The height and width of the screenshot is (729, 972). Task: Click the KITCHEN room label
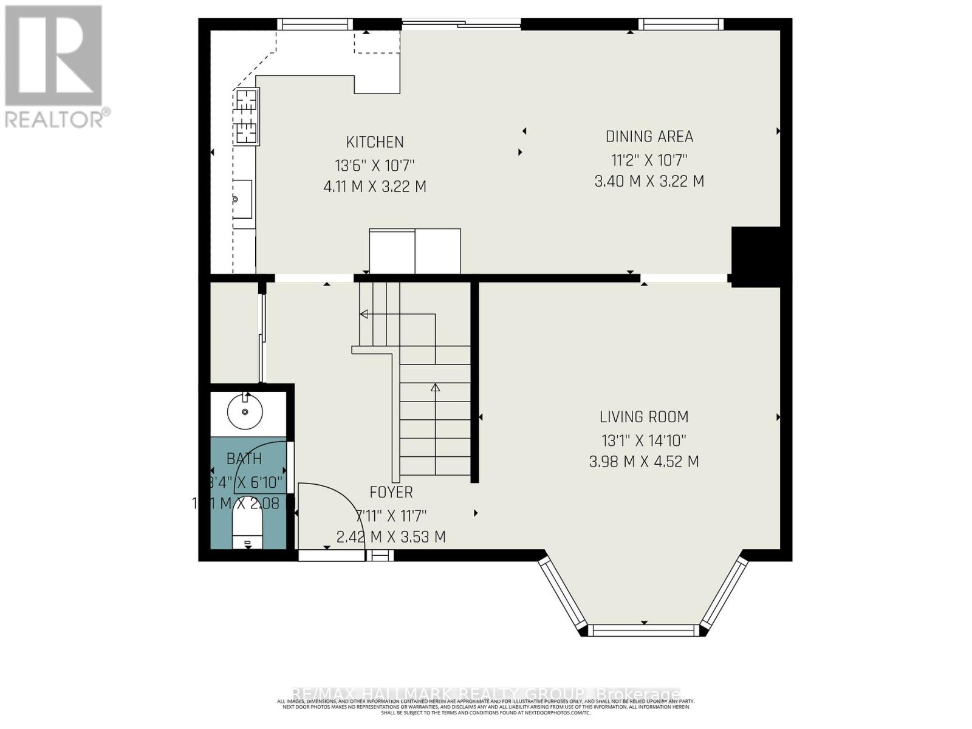pyautogui.click(x=375, y=142)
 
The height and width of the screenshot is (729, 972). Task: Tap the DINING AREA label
pyautogui.click(x=649, y=137)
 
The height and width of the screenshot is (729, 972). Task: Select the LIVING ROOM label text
pyautogui.click(x=644, y=417)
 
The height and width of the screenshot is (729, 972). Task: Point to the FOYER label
pyautogui.click(x=391, y=492)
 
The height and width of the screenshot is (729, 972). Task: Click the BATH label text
pyautogui.click(x=244, y=459)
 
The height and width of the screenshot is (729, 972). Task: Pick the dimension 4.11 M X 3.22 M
pyautogui.click(x=375, y=187)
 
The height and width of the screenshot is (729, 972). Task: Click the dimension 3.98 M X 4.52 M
pyautogui.click(x=644, y=462)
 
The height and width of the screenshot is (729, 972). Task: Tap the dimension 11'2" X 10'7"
pyautogui.click(x=649, y=160)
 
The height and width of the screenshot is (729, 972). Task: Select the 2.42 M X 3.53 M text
pyautogui.click(x=391, y=537)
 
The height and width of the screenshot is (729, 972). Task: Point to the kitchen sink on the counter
pyautogui.click(x=243, y=199)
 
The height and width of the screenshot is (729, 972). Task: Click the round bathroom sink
pyautogui.click(x=245, y=412)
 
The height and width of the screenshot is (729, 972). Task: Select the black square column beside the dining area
pyautogui.click(x=756, y=256)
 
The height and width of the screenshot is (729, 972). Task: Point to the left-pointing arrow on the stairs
pyautogui.click(x=364, y=314)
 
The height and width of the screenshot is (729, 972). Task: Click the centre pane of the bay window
pyautogui.click(x=644, y=630)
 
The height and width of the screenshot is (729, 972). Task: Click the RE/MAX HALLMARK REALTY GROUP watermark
pyautogui.click(x=486, y=694)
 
